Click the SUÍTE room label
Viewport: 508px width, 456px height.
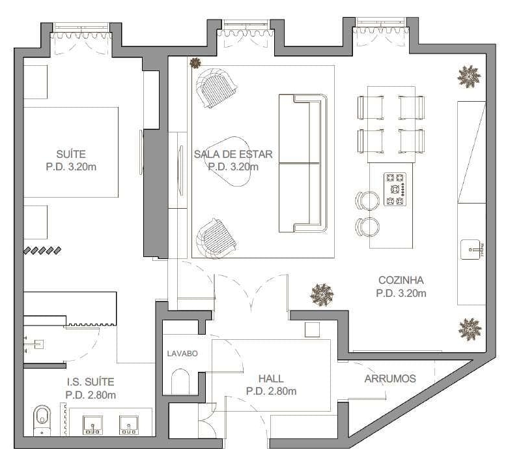pos(71,154)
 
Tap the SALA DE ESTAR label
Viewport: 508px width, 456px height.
pos(233,154)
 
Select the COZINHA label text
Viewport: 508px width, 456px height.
pos(401,280)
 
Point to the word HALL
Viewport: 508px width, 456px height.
pos(271,378)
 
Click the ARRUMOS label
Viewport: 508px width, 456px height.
pos(390,378)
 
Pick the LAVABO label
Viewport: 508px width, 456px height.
pos(182,354)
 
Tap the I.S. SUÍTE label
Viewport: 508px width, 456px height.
pos(91,382)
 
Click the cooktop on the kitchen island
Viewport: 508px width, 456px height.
pos(395,189)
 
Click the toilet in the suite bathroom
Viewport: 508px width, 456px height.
pos(42,420)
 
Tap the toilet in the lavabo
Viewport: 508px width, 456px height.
pos(180,382)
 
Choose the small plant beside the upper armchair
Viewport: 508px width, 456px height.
pos(195,63)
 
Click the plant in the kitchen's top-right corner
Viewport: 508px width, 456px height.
pos(468,76)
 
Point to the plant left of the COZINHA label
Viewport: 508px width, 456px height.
pos(322,295)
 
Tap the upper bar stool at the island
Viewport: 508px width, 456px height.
pos(367,200)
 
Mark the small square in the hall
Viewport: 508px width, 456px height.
pos(313,329)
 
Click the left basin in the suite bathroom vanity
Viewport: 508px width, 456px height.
pos(92,425)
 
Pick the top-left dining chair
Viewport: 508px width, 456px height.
pos(371,108)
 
